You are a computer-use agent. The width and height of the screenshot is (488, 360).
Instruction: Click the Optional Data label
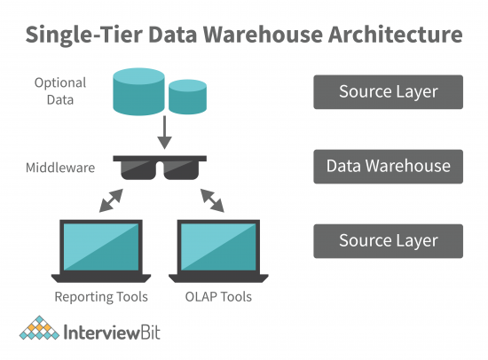(x=60, y=91)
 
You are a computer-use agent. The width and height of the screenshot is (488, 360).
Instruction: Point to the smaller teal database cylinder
(x=188, y=98)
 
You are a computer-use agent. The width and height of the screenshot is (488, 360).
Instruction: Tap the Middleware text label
(x=60, y=166)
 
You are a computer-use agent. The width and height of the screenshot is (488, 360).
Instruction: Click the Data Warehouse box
(x=388, y=166)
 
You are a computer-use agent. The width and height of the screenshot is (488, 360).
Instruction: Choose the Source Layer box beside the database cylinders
(x=388, y=91)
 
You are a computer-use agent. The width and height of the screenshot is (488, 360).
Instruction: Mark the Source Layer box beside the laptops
(x=388, y=240)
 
